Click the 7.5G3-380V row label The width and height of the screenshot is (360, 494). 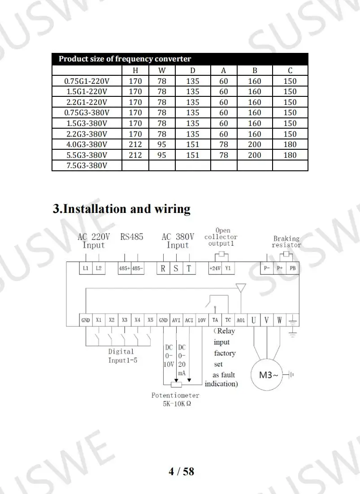tap(87, 166)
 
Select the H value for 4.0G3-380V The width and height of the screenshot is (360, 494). tap(135, 144)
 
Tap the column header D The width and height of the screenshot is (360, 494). tap(192, 70)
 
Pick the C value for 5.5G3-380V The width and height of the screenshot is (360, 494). tap(290, 155)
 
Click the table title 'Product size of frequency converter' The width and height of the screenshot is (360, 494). tap(125, 59)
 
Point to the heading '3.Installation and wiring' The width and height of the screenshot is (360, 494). tap(121, 209)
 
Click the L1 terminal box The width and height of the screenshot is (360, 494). tap(86, 269)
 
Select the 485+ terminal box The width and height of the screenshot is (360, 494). tap(124, 269)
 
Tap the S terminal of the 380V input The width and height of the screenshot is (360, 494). tap(176, 269)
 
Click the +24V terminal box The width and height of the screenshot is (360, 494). tap(215, 269)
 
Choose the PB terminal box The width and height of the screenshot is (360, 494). tap(293, 269)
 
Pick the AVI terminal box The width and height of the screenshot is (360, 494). tap(176, 321)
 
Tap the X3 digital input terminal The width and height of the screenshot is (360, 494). tap(125, 321)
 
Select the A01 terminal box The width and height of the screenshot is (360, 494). tap(241, 321)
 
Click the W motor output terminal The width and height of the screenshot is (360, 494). tap(279, 321)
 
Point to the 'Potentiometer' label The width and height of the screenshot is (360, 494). tap(175, 395)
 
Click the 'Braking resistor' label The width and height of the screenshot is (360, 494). tap(286, 242)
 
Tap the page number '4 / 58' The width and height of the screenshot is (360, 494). tap(181, 471)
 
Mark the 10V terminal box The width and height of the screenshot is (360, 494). tap(202, 321)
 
